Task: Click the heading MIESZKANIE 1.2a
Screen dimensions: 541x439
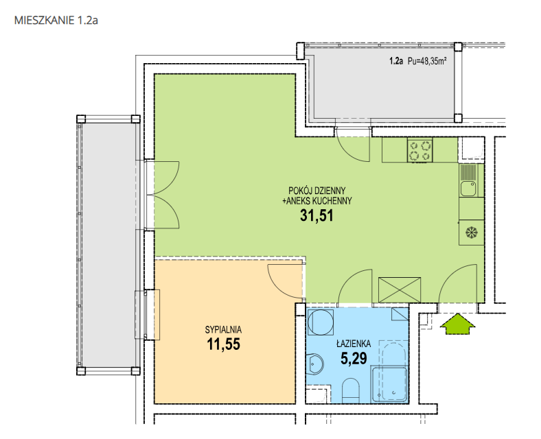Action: (x=56, y=21)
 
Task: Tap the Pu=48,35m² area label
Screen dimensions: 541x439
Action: (x=427, y=61)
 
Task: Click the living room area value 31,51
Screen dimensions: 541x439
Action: (x=316, y=215)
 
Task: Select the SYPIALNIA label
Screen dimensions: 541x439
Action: (x=223, y=330)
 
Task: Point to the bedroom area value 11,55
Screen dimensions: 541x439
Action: (x=223, y=344)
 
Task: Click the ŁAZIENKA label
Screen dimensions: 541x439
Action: (x=354, y=344)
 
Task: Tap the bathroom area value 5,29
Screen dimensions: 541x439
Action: (x=354, y=358)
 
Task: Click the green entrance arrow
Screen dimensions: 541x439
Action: (x=458, y=324)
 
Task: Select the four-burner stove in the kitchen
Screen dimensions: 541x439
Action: (x=420, y=150)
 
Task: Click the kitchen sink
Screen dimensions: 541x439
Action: (x=468, y=189)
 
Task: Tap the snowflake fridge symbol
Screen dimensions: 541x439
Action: (x=470, y=233)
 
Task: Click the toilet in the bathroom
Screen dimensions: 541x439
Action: (x=351, y=391)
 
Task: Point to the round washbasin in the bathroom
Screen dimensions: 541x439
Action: (x=315, y=364)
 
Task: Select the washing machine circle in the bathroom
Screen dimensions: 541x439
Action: (x=321, y=322)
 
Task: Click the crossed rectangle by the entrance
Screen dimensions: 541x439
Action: (x=400, y=289)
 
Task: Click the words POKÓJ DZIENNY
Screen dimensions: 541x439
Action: (x=316, y=191)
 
